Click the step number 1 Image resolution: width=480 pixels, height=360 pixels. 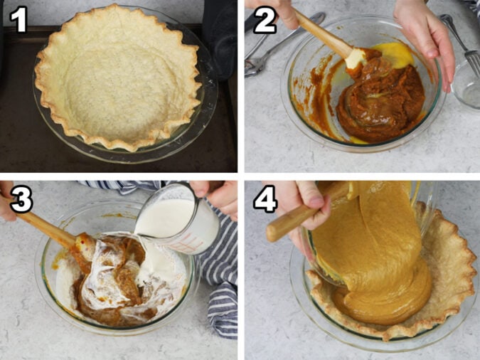[19, 19]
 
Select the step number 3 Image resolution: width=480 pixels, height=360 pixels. [21, 200]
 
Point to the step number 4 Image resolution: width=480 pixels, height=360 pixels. [265, 200]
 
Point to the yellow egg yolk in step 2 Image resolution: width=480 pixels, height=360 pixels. [390, 53]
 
